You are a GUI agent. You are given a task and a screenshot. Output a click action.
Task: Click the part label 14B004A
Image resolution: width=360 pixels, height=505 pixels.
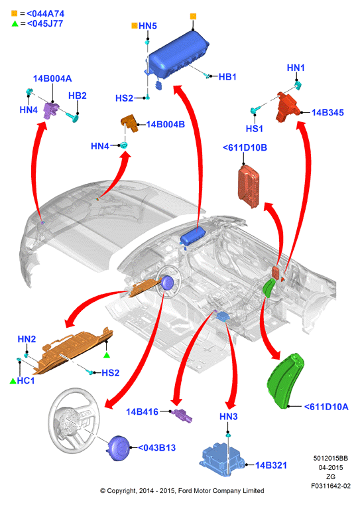[52, 78]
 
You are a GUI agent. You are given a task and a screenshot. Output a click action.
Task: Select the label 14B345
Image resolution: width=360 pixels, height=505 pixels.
[328, 112]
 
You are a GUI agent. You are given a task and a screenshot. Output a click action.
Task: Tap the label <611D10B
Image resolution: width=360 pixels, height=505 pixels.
[245, 147]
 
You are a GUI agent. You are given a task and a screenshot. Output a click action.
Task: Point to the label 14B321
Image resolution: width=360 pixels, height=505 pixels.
[271, 465]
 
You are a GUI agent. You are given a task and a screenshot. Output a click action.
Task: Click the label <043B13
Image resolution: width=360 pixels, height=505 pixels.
[157, 448]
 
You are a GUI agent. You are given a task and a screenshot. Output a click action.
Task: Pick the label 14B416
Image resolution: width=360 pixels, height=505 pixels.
[142, 411]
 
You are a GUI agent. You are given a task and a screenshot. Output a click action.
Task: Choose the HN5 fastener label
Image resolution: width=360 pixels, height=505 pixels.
[148, 26]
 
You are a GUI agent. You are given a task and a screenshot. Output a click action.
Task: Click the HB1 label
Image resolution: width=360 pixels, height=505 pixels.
[227, 77]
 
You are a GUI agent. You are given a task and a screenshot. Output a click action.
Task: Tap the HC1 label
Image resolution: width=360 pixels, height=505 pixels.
[26, 381]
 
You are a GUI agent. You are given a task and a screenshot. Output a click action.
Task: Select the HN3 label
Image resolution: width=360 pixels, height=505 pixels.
[229, 417]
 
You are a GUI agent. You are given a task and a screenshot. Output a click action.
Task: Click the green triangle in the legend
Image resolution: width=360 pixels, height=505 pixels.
[15, 23]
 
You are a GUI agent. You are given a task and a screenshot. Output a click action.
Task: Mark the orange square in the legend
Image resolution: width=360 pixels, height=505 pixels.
[15, 13]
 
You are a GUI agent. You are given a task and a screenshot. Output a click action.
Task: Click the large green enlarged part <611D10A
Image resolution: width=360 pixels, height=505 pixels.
[285, 381]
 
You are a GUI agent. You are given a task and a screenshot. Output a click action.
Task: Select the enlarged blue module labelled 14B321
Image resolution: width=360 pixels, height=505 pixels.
[223, 459]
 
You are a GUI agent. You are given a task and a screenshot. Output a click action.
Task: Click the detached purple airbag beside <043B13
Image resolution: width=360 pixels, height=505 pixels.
[119, 448]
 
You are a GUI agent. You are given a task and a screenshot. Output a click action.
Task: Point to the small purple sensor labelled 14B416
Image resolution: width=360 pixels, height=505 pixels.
[182, 415]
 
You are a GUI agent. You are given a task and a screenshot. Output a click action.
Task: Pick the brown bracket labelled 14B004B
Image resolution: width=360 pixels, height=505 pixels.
[130, 123]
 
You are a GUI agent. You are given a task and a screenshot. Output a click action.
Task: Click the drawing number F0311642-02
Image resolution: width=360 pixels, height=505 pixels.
[331, 486]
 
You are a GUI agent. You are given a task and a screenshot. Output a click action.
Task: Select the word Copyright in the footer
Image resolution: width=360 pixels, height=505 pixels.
[121, 491]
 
